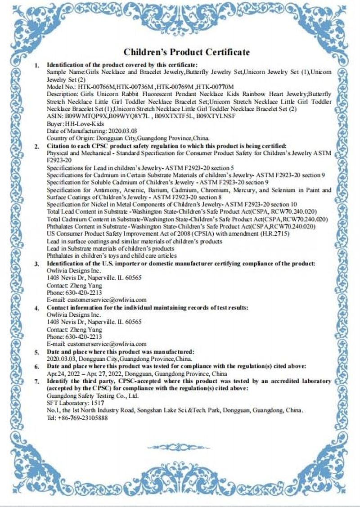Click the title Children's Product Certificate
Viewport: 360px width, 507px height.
point(187,52)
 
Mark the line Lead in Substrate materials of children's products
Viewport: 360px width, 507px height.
point(110,249)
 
